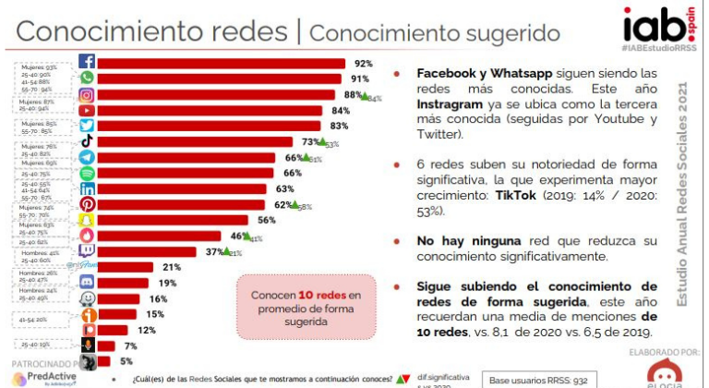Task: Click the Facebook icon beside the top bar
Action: [87, 63]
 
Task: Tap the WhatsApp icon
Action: [87, 79]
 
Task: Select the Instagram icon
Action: [87, 94]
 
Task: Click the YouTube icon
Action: [87, 110]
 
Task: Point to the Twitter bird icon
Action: [87, 126]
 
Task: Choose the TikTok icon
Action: [87, 141]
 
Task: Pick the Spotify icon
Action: [87, 173]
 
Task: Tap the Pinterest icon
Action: [87, 204]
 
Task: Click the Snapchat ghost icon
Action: [87, 220]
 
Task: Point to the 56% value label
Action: [268, 220]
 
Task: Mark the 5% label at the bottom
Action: [126, 361]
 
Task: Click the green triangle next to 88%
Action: [364, 96]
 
